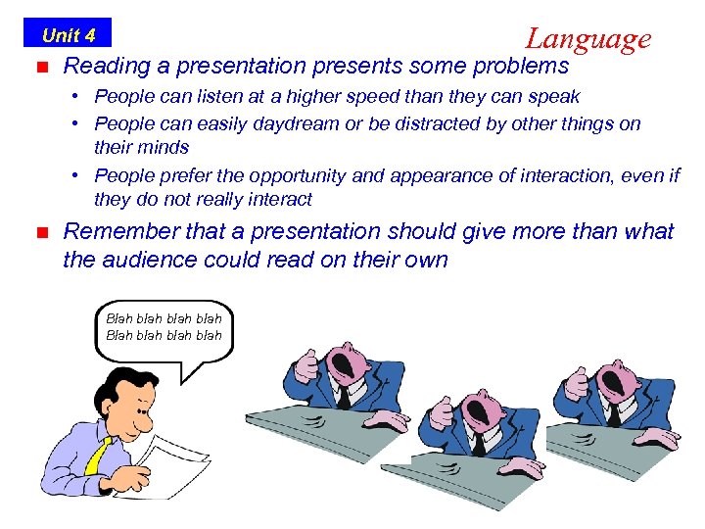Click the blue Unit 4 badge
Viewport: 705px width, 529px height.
pos(68,35)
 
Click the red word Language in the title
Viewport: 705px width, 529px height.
pos(587,38)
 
